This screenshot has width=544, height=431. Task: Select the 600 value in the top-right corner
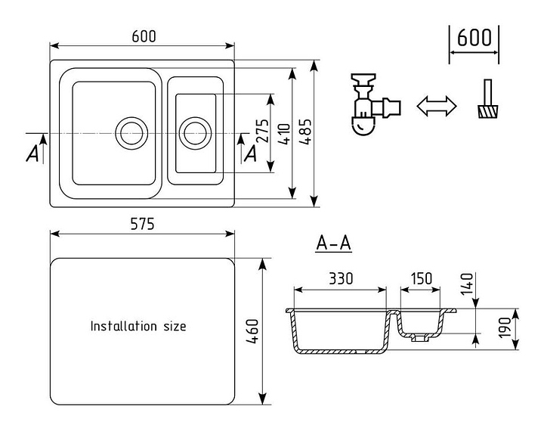474,37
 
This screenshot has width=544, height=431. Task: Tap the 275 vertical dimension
263,133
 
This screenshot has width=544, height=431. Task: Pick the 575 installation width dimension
142,224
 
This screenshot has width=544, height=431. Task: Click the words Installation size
138,327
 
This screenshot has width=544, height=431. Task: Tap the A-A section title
334,243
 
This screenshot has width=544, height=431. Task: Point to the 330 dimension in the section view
341,278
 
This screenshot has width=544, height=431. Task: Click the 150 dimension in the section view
421,278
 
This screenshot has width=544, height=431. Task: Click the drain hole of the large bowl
131,132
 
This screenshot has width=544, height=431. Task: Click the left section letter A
32,153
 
